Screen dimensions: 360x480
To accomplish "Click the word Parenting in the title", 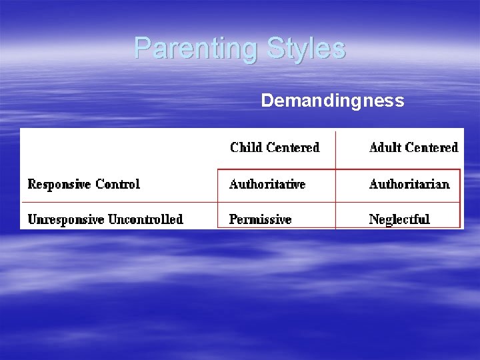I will (197, 49).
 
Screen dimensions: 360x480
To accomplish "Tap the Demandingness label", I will (332, 101).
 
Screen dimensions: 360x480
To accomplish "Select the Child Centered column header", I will (275, 147).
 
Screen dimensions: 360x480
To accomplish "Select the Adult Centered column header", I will (413, 147).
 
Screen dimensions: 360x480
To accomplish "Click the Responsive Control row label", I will (83, 184).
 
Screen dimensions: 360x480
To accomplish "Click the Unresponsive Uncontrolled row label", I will (105, 219).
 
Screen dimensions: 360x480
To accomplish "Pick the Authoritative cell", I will (267, 184).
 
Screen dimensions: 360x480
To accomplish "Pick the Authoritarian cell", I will (409, 184).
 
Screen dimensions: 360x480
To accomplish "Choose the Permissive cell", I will (260, 219).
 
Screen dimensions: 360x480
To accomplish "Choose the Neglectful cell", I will (399, 219).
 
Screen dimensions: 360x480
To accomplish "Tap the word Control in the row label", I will (118, 184).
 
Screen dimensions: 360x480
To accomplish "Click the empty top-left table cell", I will (120, 148).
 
